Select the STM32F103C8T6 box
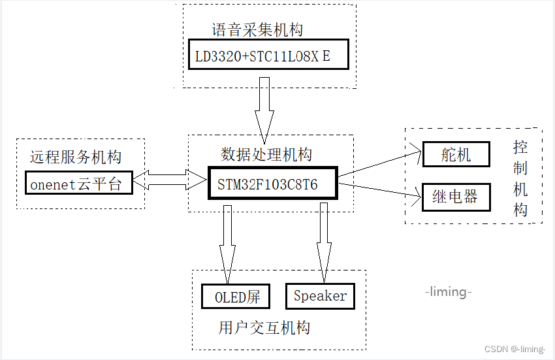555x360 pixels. coord(272,184)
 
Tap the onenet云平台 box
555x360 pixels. coord(78,184)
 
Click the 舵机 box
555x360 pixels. coord(456,155)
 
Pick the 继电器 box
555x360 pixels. coord(456,197)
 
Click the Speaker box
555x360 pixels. coord(320,296)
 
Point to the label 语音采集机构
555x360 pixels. coord(257,30)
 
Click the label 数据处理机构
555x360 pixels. coord(266,155)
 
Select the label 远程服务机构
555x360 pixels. coord(76,157)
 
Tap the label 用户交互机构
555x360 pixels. coord(264,327)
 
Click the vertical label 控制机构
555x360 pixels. coord(520,178)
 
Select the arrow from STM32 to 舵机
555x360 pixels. coord(379,164)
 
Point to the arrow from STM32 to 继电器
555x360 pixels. coord(379,189)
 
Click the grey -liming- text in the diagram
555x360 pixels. coord(448,291)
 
